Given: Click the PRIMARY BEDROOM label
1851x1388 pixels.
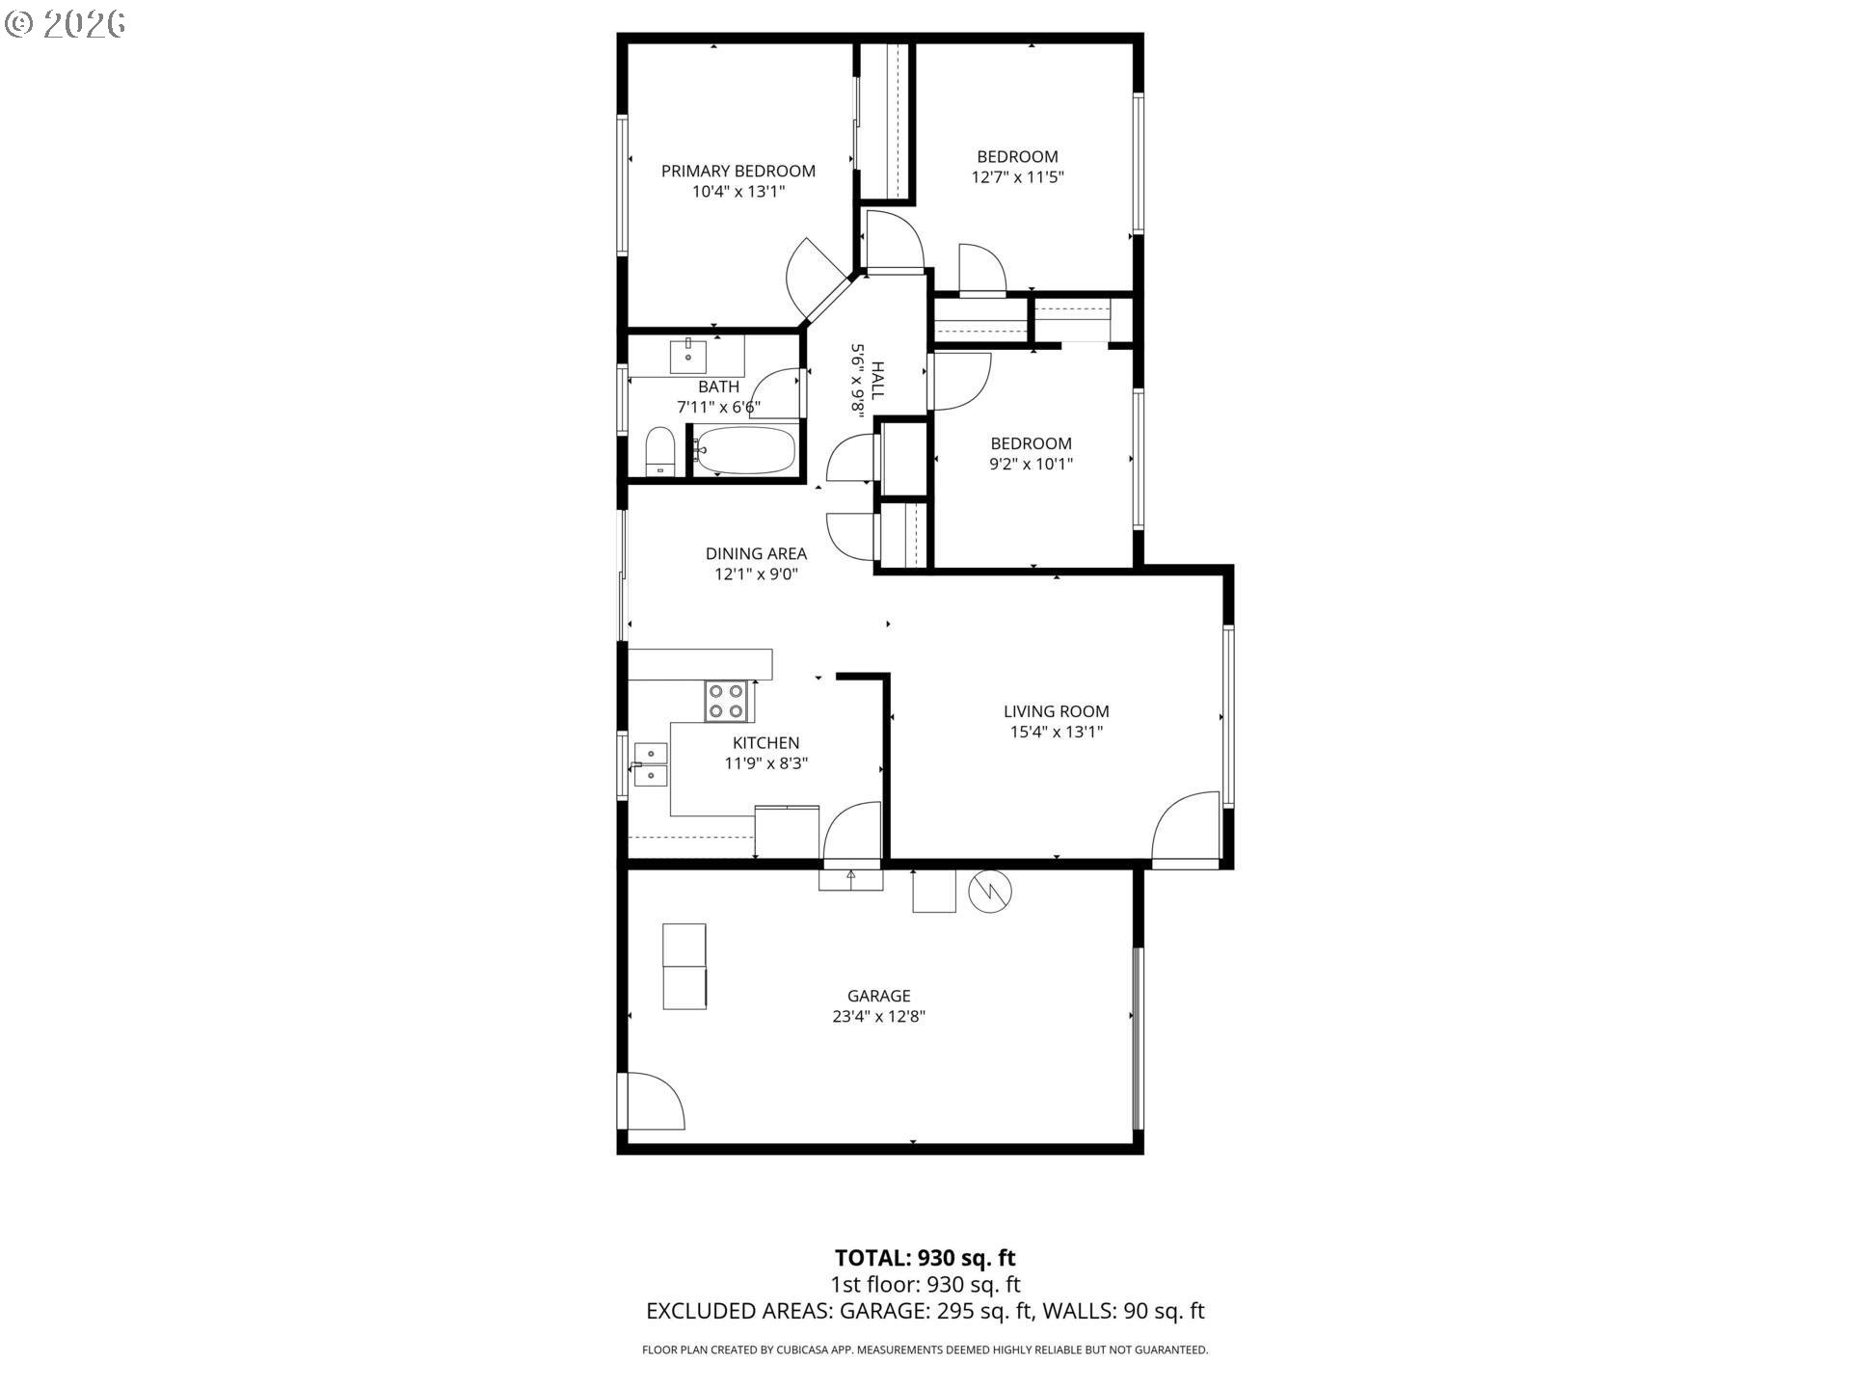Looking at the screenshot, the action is (738, 171).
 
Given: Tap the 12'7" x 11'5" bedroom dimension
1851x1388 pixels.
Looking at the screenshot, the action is (1017, 177).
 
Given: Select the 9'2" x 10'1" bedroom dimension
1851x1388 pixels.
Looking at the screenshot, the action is (1032, 464).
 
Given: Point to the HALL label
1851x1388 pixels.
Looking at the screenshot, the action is (877, 381).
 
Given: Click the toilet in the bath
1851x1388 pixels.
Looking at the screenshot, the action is (659, 451).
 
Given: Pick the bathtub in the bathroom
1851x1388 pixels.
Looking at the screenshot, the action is (745, 450).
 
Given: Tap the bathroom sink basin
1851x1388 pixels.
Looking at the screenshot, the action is (688, 356).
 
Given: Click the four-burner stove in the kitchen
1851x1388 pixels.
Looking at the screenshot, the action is (727, 701).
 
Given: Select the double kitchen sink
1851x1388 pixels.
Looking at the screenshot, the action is (651, 764).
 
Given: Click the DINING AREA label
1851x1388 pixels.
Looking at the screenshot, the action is (756, 553).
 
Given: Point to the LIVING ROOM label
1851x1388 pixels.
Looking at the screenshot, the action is (1057, 711).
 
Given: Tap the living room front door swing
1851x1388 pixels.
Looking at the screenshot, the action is (1186, 826).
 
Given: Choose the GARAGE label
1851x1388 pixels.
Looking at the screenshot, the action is (879, 996).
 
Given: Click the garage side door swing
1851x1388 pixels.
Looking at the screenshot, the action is (656, 1101).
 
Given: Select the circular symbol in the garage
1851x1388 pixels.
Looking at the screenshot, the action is (990, 892).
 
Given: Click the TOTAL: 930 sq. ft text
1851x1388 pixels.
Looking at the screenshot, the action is (925, 1258).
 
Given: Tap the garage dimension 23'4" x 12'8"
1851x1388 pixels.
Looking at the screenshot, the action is (879, 1016).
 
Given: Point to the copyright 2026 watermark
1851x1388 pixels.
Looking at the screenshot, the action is (65, 24).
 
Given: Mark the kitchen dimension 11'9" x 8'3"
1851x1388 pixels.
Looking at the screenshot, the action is (766, 763).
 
